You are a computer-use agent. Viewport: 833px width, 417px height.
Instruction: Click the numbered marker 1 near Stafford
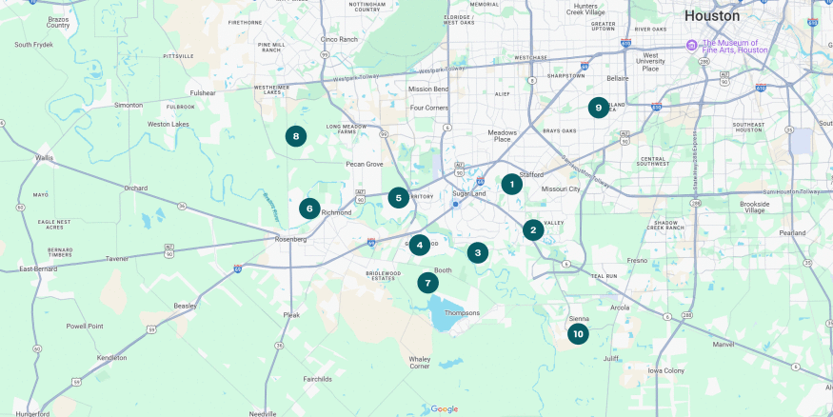511,184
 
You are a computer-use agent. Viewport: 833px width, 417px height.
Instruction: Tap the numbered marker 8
296,136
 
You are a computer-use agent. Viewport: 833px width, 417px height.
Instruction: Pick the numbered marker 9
598,108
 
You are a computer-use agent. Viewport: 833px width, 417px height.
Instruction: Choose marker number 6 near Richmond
308,208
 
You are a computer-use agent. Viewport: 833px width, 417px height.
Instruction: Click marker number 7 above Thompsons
427,283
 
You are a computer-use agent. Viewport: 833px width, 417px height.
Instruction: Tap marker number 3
477,252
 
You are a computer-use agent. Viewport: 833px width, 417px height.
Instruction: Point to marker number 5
398,198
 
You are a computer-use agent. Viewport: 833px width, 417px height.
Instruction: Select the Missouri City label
560,189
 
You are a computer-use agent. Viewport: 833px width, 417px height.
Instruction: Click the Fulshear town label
203,93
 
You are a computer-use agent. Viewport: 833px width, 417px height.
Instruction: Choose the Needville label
262,413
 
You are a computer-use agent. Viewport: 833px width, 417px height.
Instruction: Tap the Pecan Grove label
364,164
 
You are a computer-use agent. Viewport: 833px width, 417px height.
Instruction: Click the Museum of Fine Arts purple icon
692,45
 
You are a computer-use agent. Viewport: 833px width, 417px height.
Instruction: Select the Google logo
444,409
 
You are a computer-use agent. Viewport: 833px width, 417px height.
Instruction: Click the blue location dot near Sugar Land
456,204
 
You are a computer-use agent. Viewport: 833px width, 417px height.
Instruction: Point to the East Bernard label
38,269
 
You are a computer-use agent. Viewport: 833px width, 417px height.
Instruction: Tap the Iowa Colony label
666,370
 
